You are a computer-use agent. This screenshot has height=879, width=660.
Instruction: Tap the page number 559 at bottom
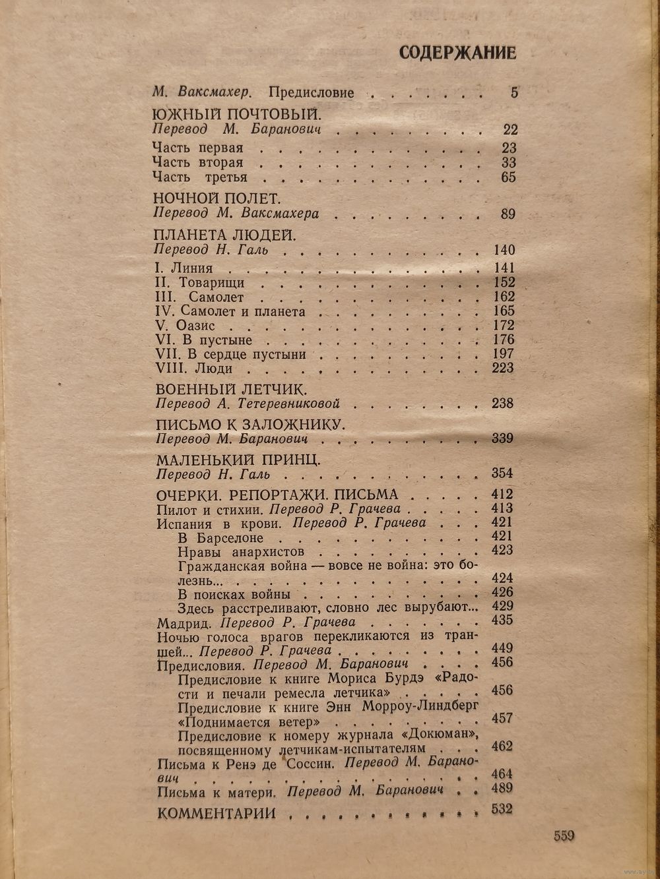click(564, 836)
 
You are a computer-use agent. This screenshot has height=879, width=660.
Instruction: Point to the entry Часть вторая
click(197, 162)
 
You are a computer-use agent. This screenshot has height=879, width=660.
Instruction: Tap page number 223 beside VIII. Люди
click(502, 368)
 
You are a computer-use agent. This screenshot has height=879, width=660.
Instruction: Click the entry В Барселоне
click(216, 537)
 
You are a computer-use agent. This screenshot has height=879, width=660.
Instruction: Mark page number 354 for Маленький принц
click(502, 473)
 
